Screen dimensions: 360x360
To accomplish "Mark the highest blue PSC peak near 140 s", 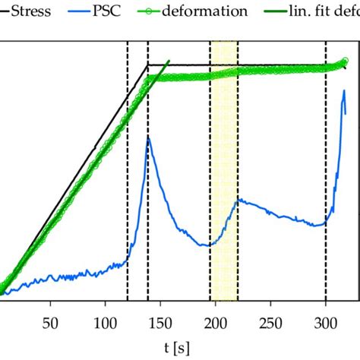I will pos(149,138).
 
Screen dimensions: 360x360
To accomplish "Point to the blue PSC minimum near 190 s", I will pos(205,245).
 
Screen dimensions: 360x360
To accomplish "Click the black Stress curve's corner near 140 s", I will pos(148,65).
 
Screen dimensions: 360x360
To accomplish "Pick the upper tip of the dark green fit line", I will pos(169,61).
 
